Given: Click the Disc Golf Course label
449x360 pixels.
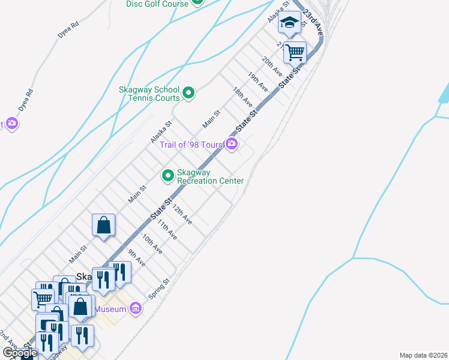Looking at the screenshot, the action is (x=157, y=4).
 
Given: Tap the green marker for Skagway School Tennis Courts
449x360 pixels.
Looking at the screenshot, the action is (x=188, y=92).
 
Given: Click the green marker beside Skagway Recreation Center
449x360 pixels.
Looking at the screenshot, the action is (x=168, y=176).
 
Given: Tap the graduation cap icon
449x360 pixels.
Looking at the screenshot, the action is (x=290, y=23).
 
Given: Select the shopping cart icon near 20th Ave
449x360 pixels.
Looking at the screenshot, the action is (x=295, y=52).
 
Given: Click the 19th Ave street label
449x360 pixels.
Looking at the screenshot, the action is (x=258, y=81).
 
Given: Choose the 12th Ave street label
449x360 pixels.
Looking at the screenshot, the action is (x=182, y=214).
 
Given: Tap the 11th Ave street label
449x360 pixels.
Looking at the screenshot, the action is (x=167, y=229).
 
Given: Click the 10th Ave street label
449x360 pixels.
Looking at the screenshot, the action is (x=152, y=244).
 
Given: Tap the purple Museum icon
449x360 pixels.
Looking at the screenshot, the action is (x=136, y=309).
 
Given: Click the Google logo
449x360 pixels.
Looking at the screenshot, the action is (x=20, y=353).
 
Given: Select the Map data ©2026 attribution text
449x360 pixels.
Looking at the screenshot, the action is (x=423, y=355).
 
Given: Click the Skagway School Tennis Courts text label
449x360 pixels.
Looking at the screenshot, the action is (x=149, y=94).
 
